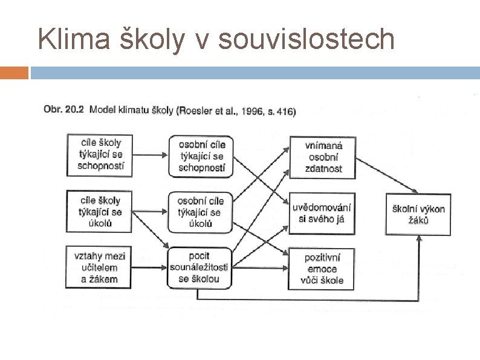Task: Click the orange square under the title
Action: pyautogui.click(x=14, y=73)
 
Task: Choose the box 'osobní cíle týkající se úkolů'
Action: pyautogui.click(x=201, y=212)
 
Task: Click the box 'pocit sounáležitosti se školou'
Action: pyautogui.click(x=199, y=267)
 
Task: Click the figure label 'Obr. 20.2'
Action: pyautogui.click(x=63, y=110)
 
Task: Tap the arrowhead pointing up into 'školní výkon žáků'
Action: pyautogui.click(x=419, y=240)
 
